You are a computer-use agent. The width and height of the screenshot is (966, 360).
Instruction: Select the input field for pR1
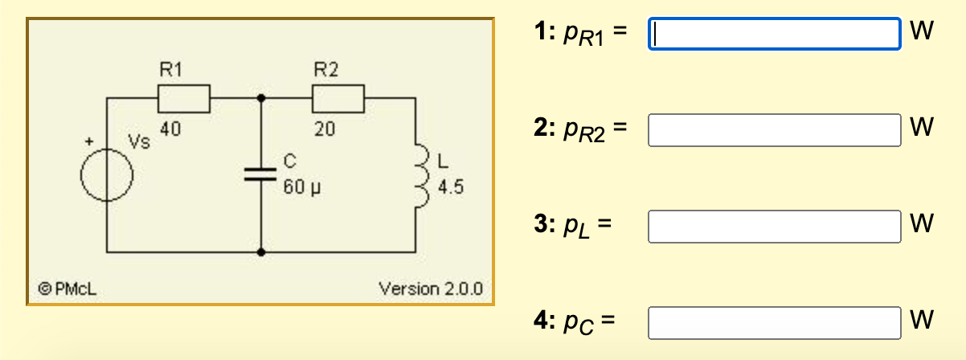pyautogui.click(x=774, y=34)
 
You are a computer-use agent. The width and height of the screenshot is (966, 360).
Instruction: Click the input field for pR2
pyautogui.click(x=774, y=130)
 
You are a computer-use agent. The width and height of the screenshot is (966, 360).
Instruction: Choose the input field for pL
pyautogui.click(x=774, y=226)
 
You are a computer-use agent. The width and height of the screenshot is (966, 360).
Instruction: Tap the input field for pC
pyautogui.click(x=774, y=322)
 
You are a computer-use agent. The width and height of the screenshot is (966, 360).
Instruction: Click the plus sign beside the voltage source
pyautogui.click(x=90, y=141)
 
